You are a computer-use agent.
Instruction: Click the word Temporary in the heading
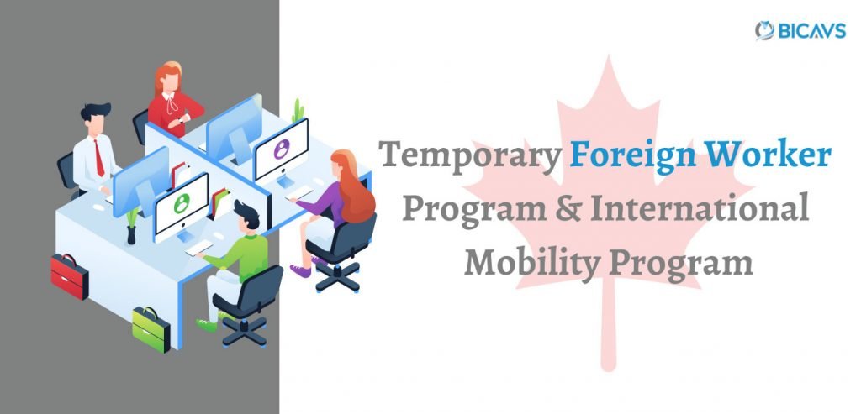click(x=470, y=155)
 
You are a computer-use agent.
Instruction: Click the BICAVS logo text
click(x=811, y=31)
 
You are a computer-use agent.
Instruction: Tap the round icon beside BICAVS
click(x=764, y=31)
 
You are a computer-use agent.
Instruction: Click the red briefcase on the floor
click(x=70, y=276)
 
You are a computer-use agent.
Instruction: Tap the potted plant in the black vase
click(x=131, y=225)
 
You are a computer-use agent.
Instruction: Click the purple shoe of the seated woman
click(x=300, y=271)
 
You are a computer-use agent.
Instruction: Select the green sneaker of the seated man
click(x=207, y=325)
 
